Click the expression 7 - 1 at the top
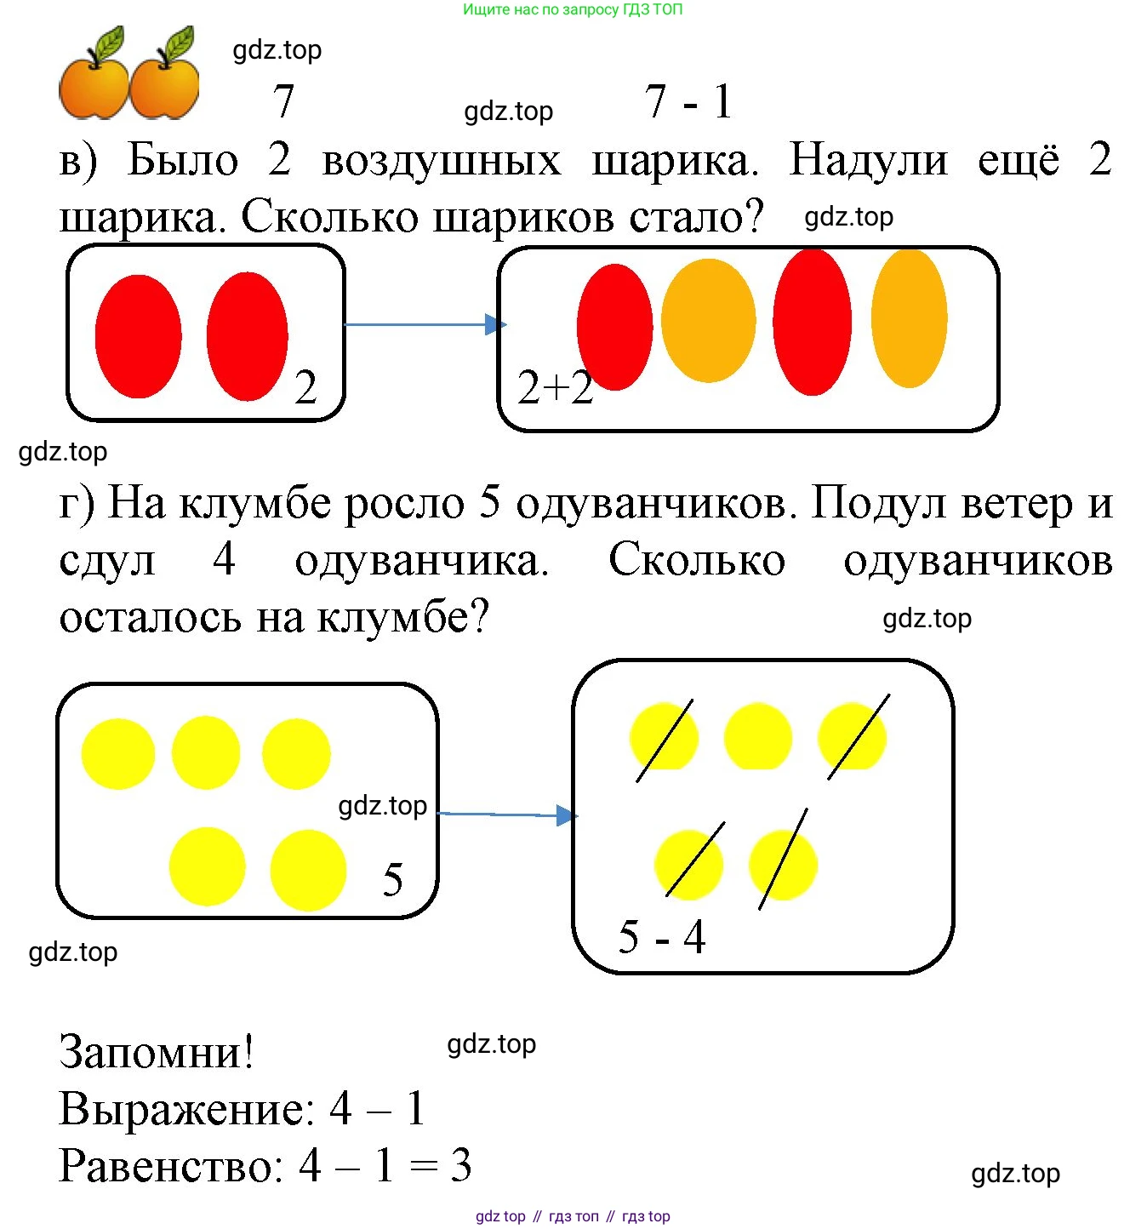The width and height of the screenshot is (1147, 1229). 688,102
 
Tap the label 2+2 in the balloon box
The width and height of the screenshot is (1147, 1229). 555,388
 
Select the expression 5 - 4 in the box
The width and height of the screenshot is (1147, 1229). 661,937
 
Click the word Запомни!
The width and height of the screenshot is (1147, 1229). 157,1052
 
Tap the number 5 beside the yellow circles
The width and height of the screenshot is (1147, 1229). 392,879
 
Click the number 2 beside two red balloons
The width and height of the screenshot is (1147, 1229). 305,387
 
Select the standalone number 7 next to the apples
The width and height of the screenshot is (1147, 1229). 283,102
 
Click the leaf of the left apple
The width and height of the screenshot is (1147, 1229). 110,43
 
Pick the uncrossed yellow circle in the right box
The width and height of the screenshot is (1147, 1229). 757,736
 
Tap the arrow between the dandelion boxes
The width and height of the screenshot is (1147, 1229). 507,815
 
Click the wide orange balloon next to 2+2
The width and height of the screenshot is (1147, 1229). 708,321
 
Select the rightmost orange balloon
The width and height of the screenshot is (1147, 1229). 909,318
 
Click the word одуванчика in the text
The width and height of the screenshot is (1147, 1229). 421,561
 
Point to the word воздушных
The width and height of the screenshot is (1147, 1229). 442,161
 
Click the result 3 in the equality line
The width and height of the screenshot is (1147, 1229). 460,1166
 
